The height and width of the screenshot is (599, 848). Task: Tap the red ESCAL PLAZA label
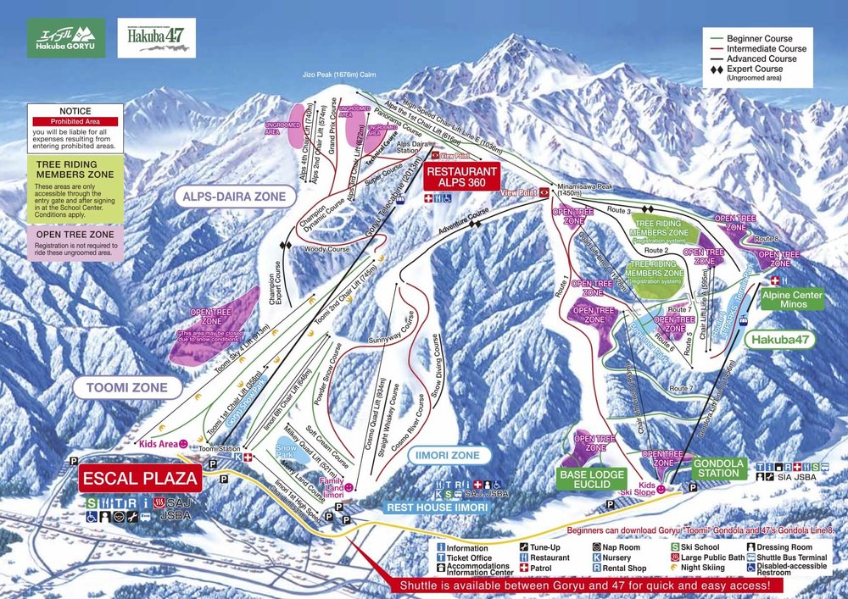pos(140,479)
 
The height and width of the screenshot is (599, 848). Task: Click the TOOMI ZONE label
pos(127,388)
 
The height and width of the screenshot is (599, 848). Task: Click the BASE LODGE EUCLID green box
pos(593,480)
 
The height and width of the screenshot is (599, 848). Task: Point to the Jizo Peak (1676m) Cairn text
pos(339,75)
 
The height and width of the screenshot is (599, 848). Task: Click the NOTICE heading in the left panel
pos(75,111)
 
